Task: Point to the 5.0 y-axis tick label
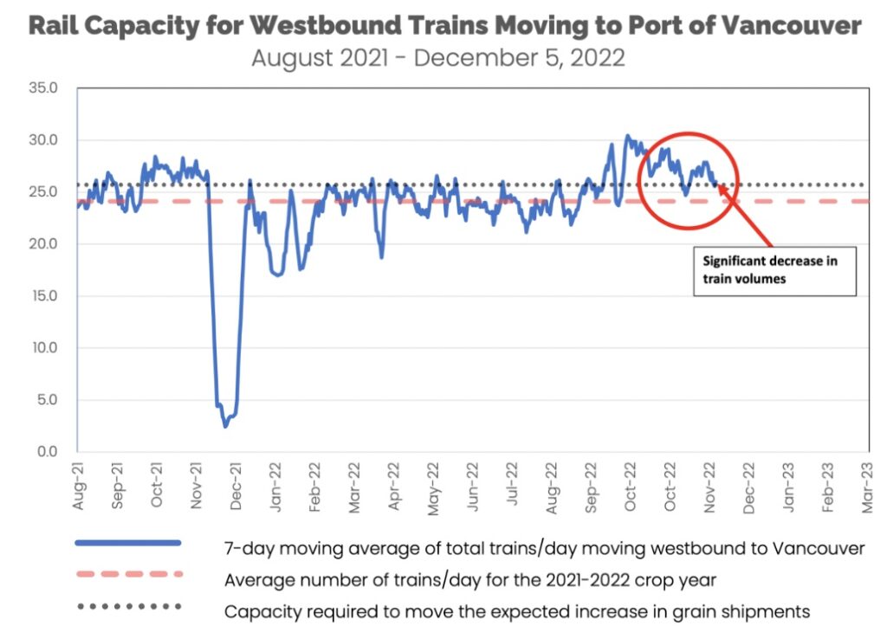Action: pos(44,400)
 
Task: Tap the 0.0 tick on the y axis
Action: pos(44,452)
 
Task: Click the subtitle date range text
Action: pos(437,59)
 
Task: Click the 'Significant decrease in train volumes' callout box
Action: pos(774,269)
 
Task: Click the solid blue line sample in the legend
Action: pos(128,544)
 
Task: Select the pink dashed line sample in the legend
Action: pos(128,575)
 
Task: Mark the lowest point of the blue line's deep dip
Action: pos(226,426)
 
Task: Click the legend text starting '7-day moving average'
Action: pos(544,547)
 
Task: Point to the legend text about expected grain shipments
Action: pos(517,610)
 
